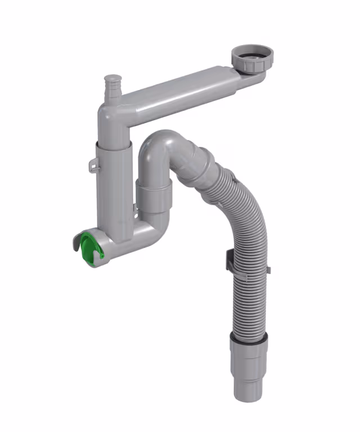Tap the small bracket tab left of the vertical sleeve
tap(93, 165)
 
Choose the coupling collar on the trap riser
tap(154, 194)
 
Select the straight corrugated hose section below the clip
tap(247, 304)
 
